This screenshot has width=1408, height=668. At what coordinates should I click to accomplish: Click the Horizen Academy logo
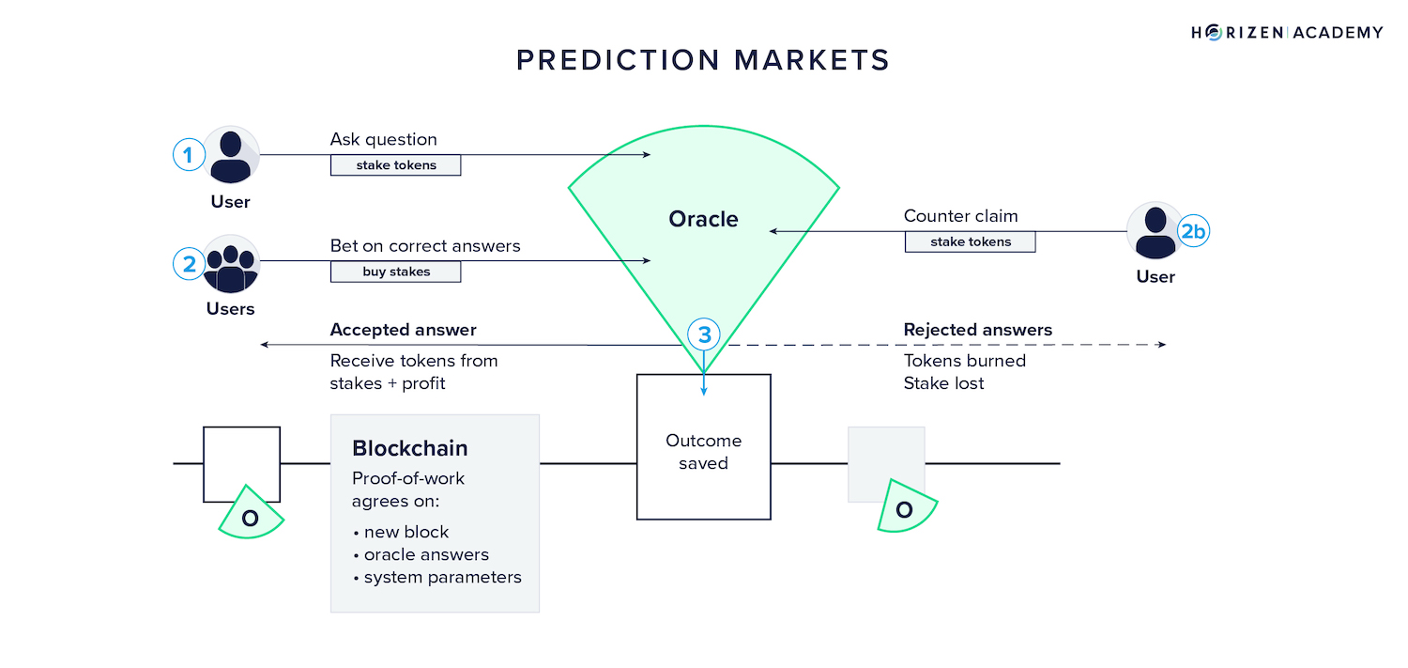(x=1287, y=33)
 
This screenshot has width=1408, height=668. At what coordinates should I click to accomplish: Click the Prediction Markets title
(x=703, y=60)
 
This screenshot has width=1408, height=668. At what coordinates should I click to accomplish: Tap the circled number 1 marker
(x=189, y=155)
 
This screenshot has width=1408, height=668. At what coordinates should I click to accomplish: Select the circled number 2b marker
(x=1193, y=232)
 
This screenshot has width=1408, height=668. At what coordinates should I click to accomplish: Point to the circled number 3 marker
(x=704, y=334)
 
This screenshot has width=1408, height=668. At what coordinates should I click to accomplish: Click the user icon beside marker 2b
(x=1155, y=231)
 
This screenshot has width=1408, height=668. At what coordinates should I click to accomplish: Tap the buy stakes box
(x=395, y=272)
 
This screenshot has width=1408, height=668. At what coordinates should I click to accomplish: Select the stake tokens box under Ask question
(x=395, y=165)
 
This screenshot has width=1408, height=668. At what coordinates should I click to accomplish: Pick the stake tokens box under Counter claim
(x=970, y=241)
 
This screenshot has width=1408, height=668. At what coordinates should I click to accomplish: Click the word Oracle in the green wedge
(x=703, y=219)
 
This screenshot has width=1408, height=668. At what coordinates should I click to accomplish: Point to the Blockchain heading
(x=409, y=448)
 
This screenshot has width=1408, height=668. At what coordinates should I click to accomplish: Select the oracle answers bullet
(x=426, y=554)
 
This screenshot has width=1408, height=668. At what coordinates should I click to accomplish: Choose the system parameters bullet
(x=442, y=577)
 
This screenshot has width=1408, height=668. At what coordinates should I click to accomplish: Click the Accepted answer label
(x=403, y=330)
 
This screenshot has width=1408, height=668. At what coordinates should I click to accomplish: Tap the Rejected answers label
(x=977, y=330)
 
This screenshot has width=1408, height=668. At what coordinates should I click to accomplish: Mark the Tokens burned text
(x=964, y=361)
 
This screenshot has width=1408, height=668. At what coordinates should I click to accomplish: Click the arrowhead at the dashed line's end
(x=1162, y=345)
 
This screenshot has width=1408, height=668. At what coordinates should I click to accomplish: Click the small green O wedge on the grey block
(x=905, y=508)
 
